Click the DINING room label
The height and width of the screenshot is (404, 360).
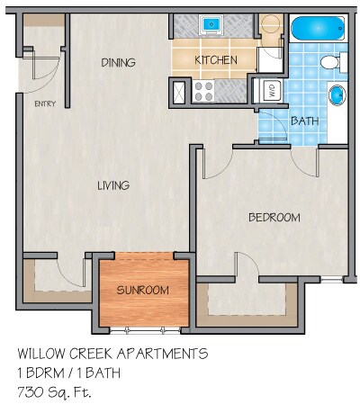pyautogui.click(x=118, y=62)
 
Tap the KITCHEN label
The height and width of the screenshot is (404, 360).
pyautogui.click(x=216, y=60)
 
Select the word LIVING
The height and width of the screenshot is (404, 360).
pyautogui.click(x=113, y=185)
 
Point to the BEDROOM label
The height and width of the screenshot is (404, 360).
pyautogui.click(x=274, y=218)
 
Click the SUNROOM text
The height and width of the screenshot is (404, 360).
pyautogui.click(x=143, y=290)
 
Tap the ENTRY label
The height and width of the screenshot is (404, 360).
pyautogui.click(x=44, y=103)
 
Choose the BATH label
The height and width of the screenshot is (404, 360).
pyautogui.click(x=302, y=121)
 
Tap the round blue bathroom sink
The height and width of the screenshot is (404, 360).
pyautogui.click(x=337, y=94)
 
